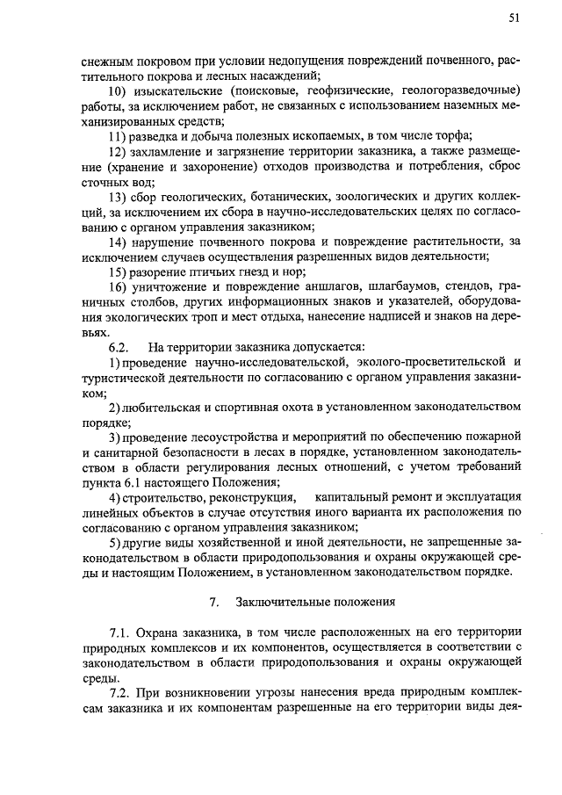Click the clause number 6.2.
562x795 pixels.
coord(119,348)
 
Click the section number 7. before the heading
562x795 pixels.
coord(213,603)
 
